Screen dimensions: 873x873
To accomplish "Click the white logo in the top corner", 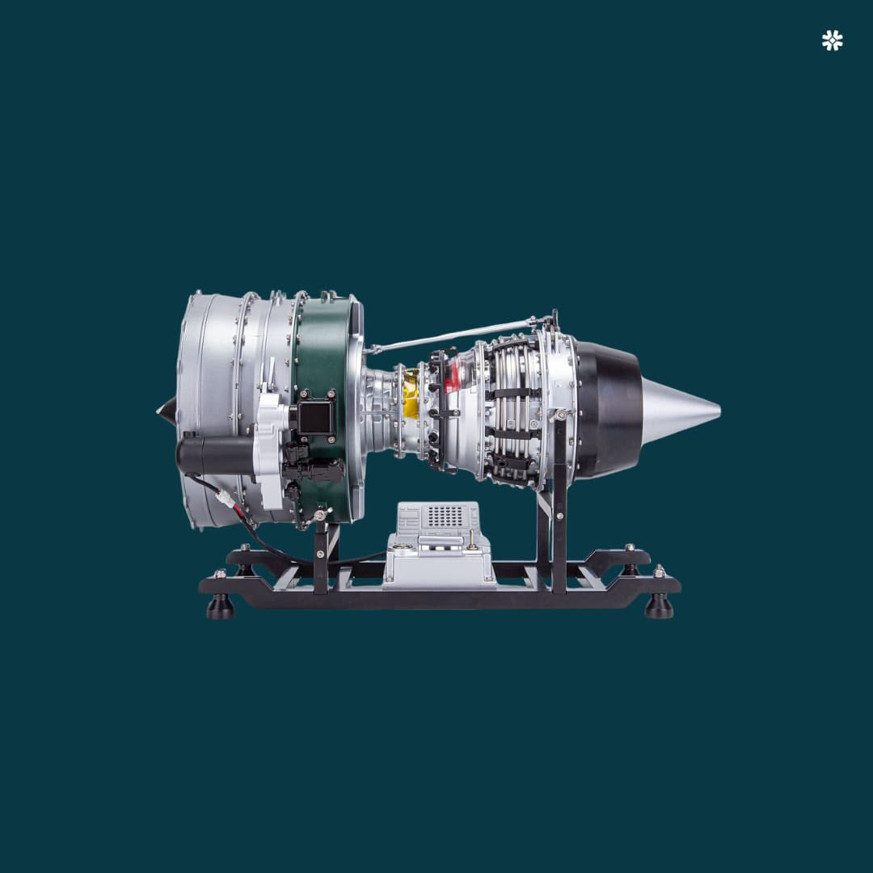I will click(x=832, y=40).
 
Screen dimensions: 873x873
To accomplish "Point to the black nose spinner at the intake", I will click(x=167, y=411).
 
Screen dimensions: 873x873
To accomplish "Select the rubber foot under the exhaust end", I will click(x=659, y=606).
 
